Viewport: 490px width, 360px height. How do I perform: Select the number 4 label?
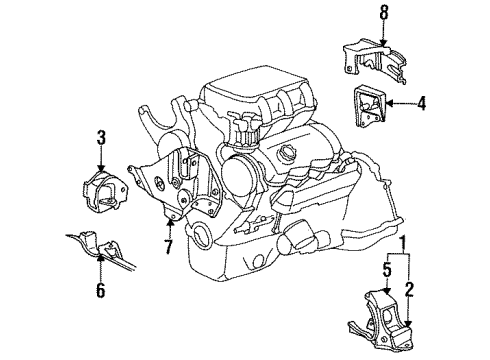click(422, 101)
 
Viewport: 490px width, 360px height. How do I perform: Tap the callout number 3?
click(101, 137)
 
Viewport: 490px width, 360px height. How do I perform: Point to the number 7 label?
click(168, 244)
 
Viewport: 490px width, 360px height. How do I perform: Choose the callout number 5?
click(386, 268)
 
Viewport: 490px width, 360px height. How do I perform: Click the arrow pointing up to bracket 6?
click(100, 265)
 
